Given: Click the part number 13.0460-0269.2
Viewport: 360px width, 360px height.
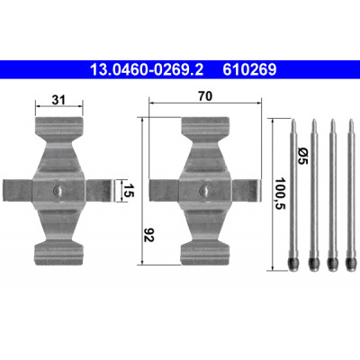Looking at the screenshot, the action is click(147, 70).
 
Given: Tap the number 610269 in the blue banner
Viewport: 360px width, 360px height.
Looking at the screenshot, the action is click(249, 70).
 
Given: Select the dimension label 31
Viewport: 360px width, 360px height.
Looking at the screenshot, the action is click(58, 100).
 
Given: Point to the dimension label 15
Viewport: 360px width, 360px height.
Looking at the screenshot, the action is click(128, 191).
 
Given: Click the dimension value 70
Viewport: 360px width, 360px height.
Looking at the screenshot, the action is click(205, 96).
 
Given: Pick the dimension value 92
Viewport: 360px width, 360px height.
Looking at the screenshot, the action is click(148, 235).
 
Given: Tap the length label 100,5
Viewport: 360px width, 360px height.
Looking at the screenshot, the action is click(281, 193).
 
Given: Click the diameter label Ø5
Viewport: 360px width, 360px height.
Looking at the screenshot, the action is click(302, 156).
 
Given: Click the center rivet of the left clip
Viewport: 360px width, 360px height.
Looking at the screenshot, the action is click(58, 190).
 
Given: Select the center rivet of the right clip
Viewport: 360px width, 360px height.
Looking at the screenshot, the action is click(205, 190).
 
